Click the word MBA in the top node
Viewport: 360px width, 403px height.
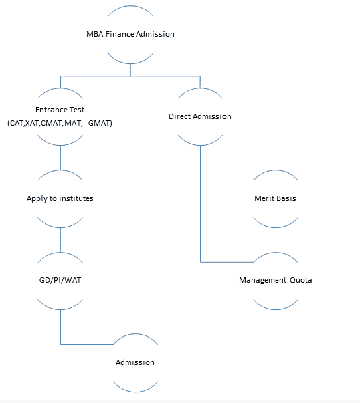(x=95, y=34)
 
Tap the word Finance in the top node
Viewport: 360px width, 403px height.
(x=120, y=34)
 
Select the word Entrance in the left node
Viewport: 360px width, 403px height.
(x=52, y=110)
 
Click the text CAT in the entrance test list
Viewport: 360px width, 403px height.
(x=17, y=123)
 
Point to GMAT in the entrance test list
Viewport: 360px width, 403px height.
(x=99, y=123)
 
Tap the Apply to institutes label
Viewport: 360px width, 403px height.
(x=60, y=198)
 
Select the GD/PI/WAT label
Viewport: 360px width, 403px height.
(x=60, y=280)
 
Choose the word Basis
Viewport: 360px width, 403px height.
(x=286, y=198)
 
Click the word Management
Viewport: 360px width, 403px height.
(x=263, y=280)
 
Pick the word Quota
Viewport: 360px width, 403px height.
(x=301, y=280)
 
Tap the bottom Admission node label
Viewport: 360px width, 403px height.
(x=135, y=362)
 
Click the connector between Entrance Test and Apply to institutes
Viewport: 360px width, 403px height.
(x=60, y=158)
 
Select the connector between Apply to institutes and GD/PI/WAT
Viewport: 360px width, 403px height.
(x=60, y=240)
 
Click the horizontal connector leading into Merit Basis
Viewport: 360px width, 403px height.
(x=228, y=180)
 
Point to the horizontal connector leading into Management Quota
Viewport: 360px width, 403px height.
(x=228, y=262)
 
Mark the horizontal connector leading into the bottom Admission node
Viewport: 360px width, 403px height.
(x=87, y=344)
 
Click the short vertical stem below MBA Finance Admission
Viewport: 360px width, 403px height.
(x=130, y=70)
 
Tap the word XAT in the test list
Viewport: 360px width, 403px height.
(x=32, y=123)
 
